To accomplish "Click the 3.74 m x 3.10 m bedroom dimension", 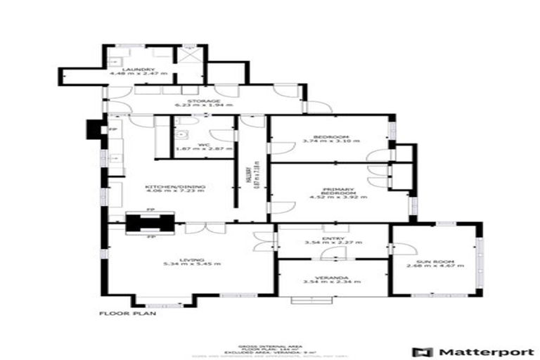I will [330, 141].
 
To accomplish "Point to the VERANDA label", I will [333, 277].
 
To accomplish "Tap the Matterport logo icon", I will [422, 352].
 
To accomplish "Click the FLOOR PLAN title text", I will [127, 314].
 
